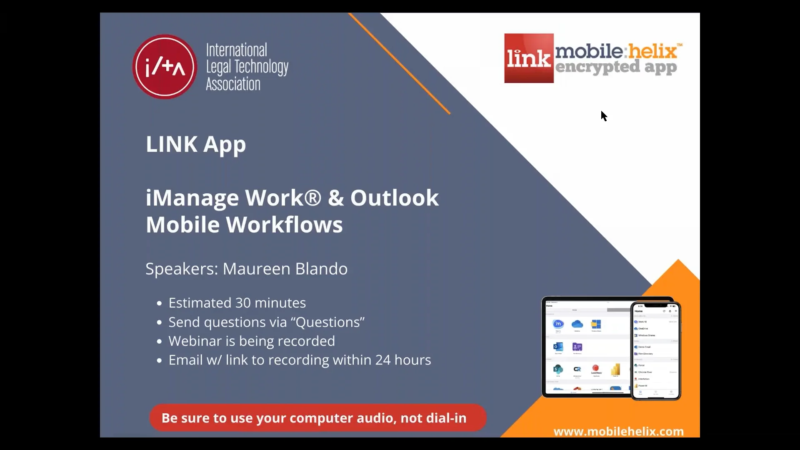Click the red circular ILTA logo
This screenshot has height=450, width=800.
click(165, 67)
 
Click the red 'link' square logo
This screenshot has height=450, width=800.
click(529, 58)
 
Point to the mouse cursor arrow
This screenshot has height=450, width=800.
click(604, 115)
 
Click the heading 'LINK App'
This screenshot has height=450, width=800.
click(195, 144)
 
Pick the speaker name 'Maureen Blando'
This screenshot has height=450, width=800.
click(285, 269)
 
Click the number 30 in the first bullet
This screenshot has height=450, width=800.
click(243, 303)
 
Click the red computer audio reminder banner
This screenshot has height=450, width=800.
click(317, 418)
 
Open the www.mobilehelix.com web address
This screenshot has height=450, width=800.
click(618, 431)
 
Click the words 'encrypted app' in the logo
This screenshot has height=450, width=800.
click(616, 67)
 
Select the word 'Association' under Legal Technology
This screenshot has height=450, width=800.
click(233, 84)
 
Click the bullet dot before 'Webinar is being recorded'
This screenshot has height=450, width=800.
click(159, 342)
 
